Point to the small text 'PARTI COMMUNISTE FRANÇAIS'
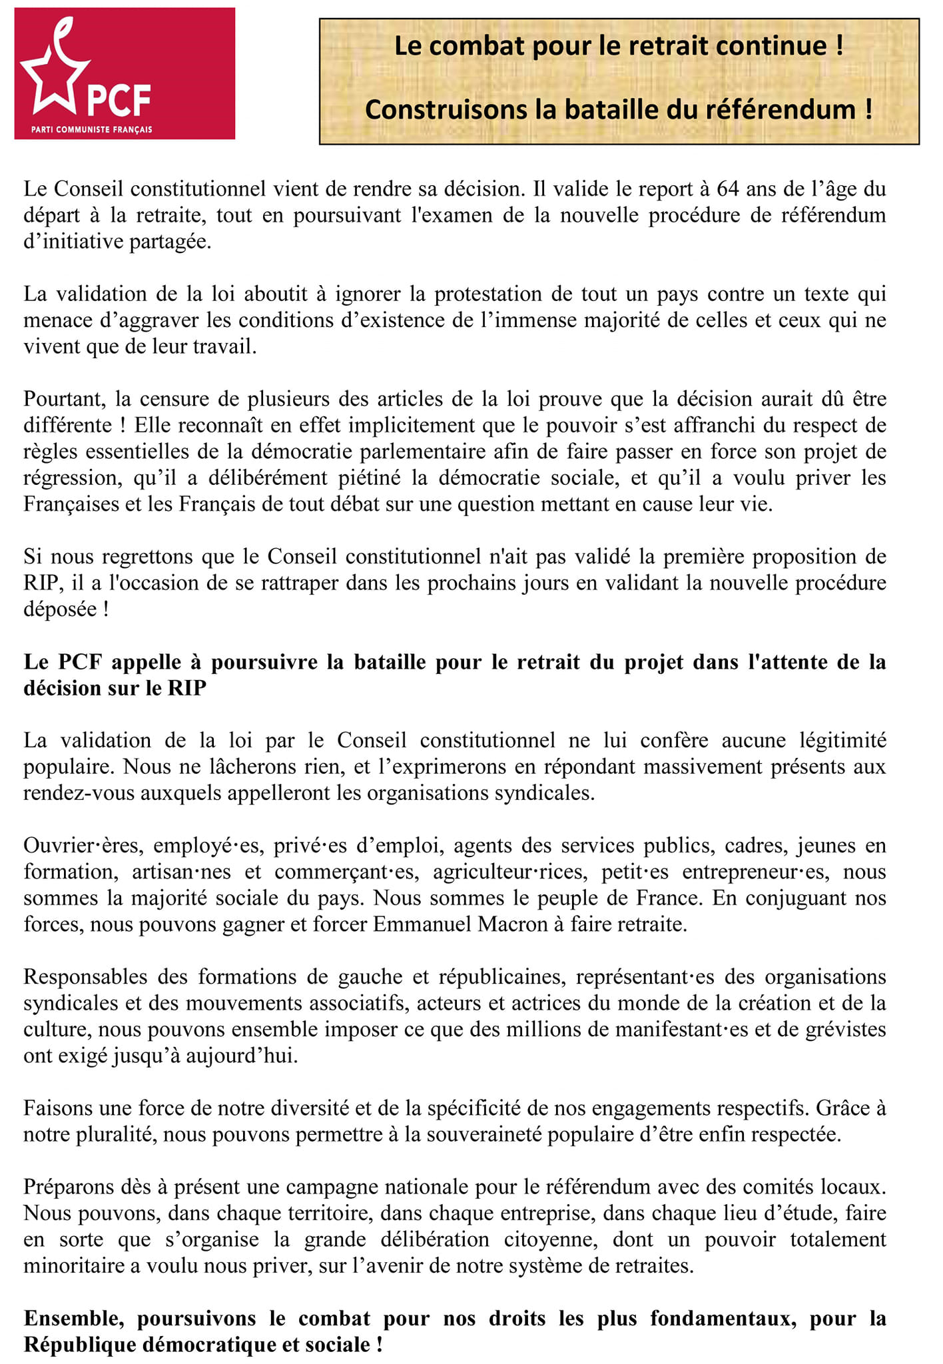point(92,129)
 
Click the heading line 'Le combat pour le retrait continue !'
point(619,47)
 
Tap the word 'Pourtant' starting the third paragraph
point(65,399)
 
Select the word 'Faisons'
point(59,1108)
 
